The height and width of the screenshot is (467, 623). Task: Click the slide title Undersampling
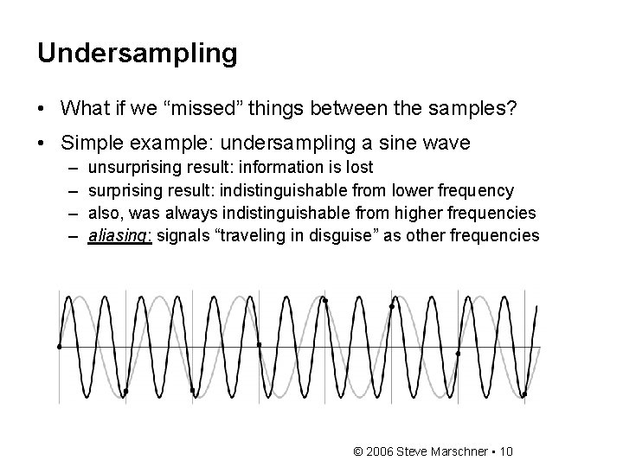pos(137,54)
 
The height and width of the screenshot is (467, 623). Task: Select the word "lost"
pos(358,167)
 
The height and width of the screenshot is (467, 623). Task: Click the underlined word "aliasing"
pos(119,236)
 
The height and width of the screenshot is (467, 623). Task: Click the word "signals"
pos(182,236)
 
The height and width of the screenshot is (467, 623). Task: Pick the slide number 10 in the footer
pos(506,451)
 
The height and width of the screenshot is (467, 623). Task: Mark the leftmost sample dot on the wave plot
pos(59,347)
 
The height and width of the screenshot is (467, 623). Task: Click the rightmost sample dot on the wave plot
pos(524,394)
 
